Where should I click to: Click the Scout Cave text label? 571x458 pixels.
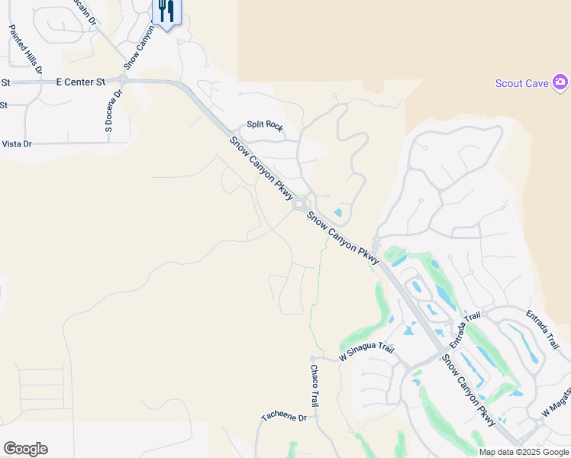pyautogui.click(x=521, y=83)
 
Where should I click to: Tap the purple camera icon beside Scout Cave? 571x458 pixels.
pyautogui.click(x=560, y=82)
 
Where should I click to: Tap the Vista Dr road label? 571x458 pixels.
pyautogui.click(x=17, y=144)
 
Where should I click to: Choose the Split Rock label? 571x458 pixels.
pyautogui.click(x=264, y=126)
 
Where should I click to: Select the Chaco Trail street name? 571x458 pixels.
pyautogui.click(x=314, y=385)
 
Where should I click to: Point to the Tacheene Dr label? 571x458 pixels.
pyautogui.click(x=283, y=418)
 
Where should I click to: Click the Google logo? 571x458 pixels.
pyautogui.click(x=25, y=449)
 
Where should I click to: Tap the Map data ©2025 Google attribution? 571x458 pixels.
pyautogui.click(x=524, y=452)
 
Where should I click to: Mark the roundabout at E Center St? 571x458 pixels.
pyautogui.click(x=123, y=79)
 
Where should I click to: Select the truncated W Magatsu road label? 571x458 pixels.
pyautogui.click(x=555, y=406)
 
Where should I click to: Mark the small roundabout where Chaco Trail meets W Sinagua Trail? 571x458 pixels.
pyautogui.click(x=312, y=358)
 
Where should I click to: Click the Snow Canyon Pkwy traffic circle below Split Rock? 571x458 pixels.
pyautogui.click(x=300, y=205)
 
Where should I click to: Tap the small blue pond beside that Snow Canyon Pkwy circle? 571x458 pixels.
pyautogui.click(x=338, y=213)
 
